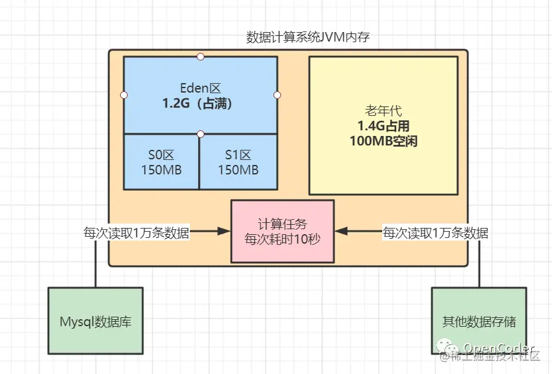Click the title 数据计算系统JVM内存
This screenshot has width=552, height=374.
(307, 37)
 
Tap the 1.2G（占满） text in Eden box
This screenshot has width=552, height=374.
(200, 103)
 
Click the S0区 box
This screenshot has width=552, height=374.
(161, 161)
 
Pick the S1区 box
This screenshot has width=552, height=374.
(238, 161)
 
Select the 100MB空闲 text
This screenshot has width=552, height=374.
(383, 142)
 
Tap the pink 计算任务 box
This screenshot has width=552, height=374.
(282, 231)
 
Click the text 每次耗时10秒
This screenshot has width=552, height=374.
(282, 239)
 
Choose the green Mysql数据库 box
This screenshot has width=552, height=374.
(96, 321)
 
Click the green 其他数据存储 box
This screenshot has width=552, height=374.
(478, 321)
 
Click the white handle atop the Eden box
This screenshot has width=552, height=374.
(201, 57)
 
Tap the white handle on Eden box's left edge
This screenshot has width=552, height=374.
(124, 95)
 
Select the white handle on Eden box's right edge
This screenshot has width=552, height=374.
(277, 95)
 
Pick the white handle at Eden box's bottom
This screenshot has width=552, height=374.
(201, 133)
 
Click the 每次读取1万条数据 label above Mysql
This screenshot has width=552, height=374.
(136, 232)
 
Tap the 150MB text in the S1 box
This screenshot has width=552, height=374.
(238, 170)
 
